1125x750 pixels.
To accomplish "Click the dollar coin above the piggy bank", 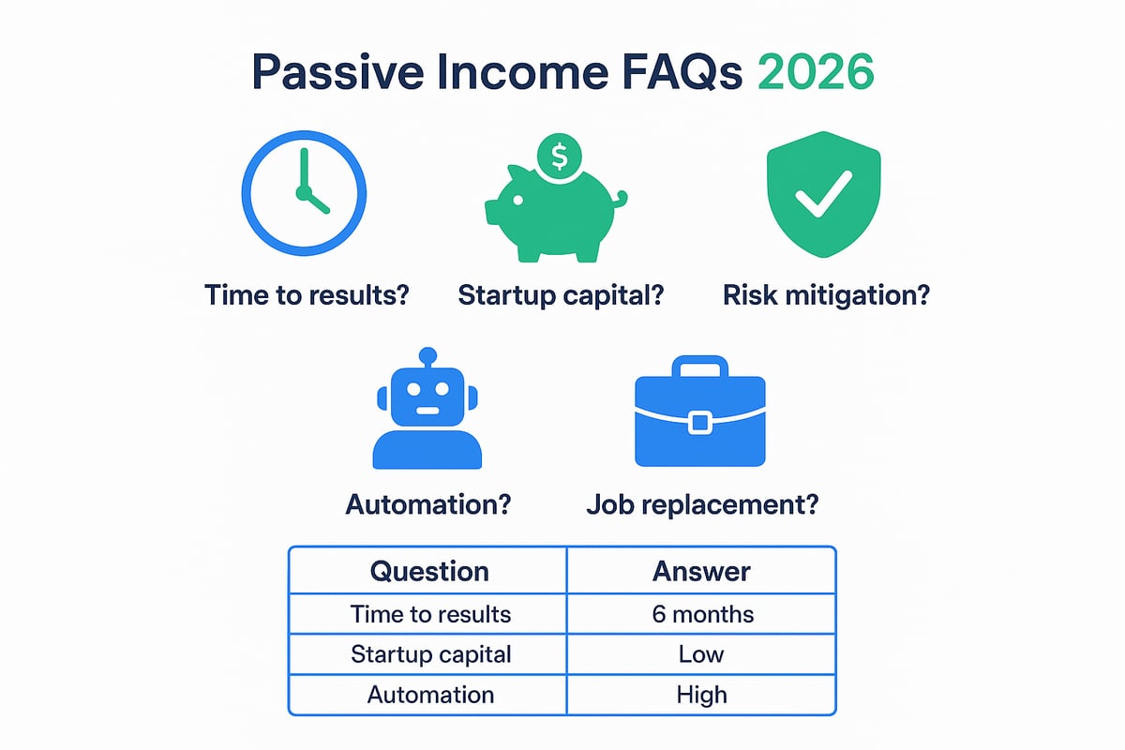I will click(x=560, y=157).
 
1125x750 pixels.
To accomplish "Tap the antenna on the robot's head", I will click(x=427, y=358).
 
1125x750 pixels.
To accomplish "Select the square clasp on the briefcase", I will click(x=699, y=423).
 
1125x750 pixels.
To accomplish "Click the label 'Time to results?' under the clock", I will click(x=307, y=296).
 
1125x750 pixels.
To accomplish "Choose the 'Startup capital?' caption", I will click(x=562, y=296).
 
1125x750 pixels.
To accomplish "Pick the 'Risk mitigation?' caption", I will click(x=827, y=296).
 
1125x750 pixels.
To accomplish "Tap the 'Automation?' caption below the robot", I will click(x=428, y=503).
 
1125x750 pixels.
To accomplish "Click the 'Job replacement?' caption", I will click(x=702, y=503).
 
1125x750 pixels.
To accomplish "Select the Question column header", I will click(x=428, y=571).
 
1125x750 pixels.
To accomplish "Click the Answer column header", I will click(x=701, y=571).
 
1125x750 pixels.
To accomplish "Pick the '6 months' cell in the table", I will click(x=701, y=614).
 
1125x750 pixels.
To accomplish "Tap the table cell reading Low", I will click(x=701, y=653).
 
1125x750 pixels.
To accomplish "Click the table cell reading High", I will click(x=701, y=695).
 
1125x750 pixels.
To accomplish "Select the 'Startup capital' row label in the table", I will click(x=430, y=653).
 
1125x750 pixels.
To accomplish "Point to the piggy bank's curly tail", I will click(x=619, y=198).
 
